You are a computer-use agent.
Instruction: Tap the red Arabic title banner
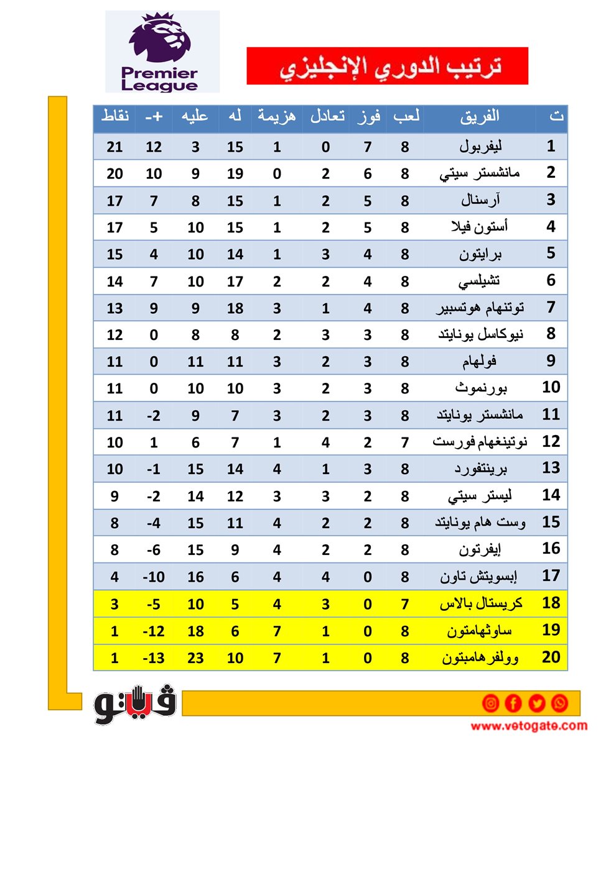[387, 66]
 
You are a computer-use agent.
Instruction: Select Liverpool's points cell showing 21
[114, 147]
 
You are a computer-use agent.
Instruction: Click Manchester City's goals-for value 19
[235, 174]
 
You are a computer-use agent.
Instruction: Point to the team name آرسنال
[480, 201]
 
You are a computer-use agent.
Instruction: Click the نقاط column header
[115, 116]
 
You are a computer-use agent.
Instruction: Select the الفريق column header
[479, 116]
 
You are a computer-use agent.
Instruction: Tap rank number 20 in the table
[551, 657]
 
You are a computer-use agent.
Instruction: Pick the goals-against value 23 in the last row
[195, 658]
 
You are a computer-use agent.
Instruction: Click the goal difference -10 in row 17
[154, 577]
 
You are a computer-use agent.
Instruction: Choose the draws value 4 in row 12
[325, 442]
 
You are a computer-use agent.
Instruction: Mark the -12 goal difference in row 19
[154, 631]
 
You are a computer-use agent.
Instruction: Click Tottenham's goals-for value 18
[235, 309]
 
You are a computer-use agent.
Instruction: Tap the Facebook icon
[513, 703]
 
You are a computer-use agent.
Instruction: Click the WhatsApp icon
[559, 703]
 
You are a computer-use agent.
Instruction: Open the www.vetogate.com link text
[529, 726]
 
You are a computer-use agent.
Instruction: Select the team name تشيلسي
[479, 282]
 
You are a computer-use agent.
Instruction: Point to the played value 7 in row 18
[404, 604]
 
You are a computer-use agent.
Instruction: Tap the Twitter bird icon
[536, 703]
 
